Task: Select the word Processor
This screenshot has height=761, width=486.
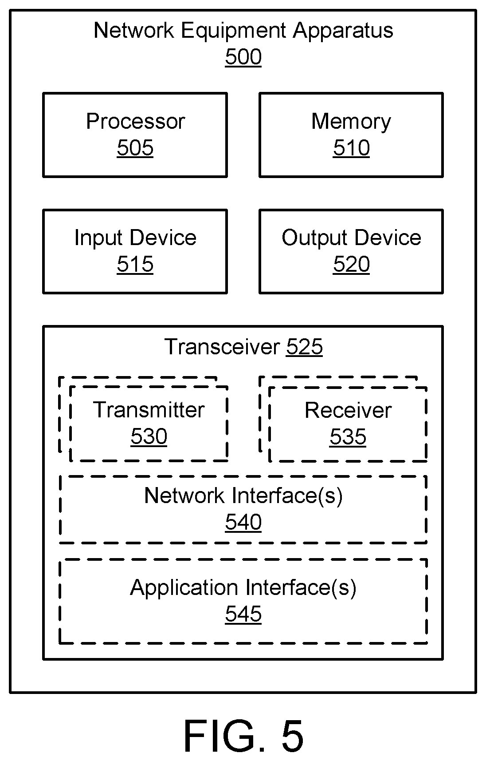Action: (x=135, y=121)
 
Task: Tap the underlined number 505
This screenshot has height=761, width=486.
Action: (x=135, y=148)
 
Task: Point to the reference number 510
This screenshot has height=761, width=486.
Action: (x=351, y=148)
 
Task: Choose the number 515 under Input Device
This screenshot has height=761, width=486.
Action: (x=135, y=264)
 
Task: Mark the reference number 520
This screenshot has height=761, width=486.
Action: (x=351, y=264)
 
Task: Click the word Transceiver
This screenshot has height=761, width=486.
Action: (x=222, y=347)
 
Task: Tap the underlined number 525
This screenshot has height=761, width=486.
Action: (x=304, y=347)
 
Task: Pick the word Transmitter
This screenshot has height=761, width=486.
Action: (x=149, y=410)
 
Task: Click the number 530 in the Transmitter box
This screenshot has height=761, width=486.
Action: (x=149, y=436)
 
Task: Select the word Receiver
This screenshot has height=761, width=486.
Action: (x=348, y=410)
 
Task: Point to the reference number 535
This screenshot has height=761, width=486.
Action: (x=348, y=436)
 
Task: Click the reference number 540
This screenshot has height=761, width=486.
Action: (x=243, y=522)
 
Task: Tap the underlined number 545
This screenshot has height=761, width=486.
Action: (x=243, y=614)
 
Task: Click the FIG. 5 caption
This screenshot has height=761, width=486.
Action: (x=243, y=736)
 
